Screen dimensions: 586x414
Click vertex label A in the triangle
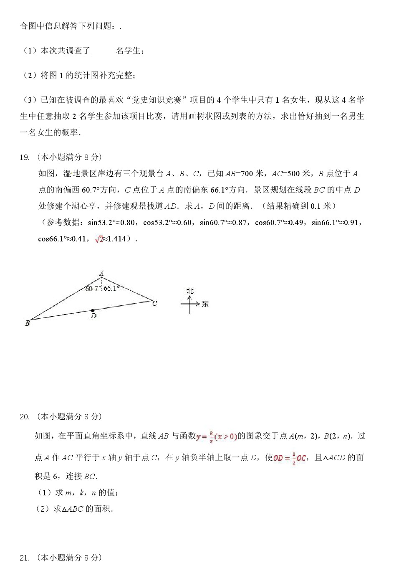[x=101, y=274]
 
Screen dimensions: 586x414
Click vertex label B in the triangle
[x=28, y=323]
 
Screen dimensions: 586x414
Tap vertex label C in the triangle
[x=155, y=303]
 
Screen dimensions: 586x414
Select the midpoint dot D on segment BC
[x=93, y=311]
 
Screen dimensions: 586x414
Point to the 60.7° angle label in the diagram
[x=92, y=289]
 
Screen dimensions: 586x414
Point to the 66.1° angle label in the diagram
[x=111, y=288]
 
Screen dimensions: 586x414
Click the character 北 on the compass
[x=190, y=291]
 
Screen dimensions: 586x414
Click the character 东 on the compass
[x=205, y=304]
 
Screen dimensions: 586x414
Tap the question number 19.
[x=24, y=157]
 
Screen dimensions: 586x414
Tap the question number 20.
[x=24, y=417]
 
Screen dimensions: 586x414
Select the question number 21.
[x=24, y=558]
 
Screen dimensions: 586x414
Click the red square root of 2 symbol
[x=99, y=239]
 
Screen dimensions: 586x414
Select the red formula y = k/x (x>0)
[x=217, y=436]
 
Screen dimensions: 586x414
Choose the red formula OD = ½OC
[x=290, y=458]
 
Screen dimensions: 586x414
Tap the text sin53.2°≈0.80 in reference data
[x=111, y=223]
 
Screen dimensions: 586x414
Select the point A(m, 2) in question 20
[x=304, y=436]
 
